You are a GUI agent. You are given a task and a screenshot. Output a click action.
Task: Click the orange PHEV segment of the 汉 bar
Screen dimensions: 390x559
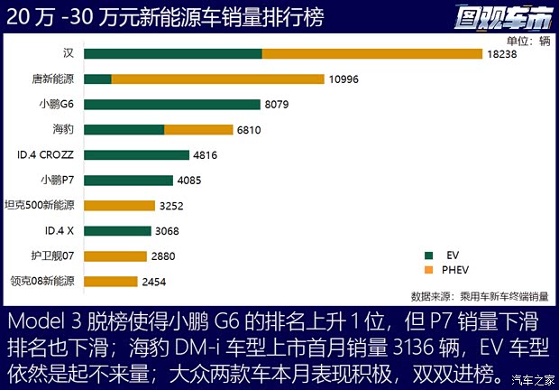371,54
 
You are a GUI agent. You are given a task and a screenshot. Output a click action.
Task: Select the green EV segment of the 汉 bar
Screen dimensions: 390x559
173,54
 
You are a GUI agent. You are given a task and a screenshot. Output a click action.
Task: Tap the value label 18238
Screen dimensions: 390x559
502,54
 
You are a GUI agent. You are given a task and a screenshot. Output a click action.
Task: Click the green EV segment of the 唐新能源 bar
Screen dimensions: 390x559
97,79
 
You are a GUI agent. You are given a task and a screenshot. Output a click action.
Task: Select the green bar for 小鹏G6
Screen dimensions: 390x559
171,105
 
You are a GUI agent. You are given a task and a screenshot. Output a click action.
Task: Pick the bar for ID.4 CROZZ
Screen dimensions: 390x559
136,155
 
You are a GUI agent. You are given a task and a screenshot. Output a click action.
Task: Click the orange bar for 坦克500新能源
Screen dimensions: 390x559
119,206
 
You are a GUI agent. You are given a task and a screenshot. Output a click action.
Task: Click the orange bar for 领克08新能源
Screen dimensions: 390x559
111,282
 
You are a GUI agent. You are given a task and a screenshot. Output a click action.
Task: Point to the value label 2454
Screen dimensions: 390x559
153,282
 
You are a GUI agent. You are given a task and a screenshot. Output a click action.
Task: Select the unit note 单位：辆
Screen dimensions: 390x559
528,40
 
